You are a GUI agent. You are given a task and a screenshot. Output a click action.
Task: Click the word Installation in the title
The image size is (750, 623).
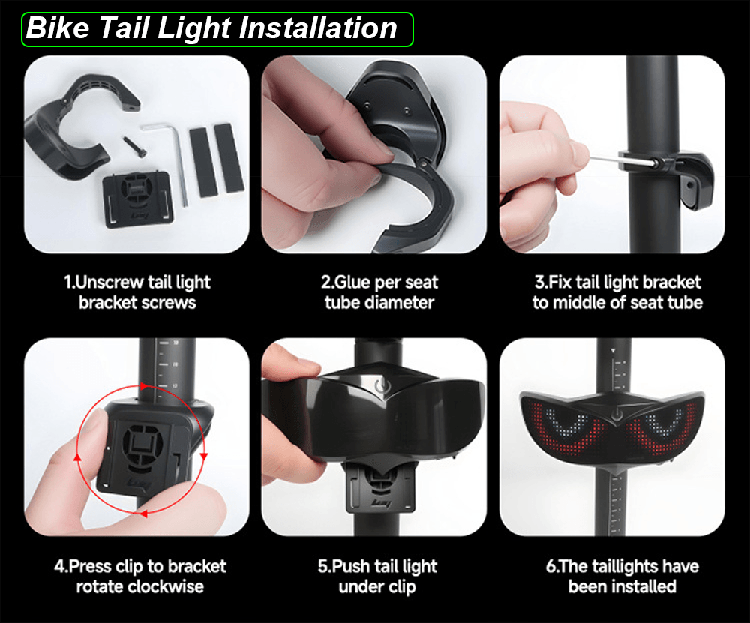(x=318, y=28)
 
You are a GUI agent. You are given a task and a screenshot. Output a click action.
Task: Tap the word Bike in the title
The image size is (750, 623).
(x=58, y=28)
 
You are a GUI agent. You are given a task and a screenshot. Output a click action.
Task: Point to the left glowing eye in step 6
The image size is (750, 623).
(x=563, y=428)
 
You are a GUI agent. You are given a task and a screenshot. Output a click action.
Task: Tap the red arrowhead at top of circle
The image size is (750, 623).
(x=144, y=386)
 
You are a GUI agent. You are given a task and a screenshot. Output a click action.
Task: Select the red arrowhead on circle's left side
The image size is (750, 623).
(x=77, y=457)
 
